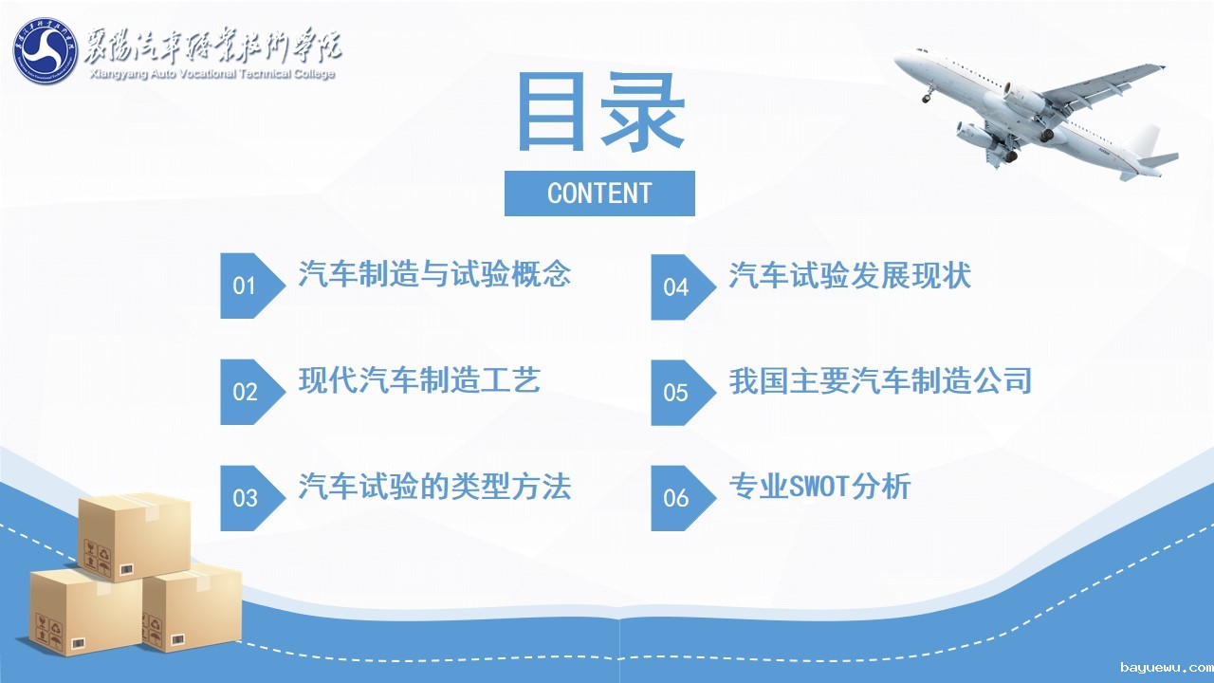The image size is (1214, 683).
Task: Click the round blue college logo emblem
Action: [x=46, y=50]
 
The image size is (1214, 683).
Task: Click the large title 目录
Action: [x=600, y=112]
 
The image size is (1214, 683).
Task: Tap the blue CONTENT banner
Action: [x=599, y=194]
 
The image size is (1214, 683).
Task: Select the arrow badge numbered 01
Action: [x=252, y=286]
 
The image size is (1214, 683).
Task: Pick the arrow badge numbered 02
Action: [x=252, y=392]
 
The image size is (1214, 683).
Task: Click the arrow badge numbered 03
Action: [x=252, y=498]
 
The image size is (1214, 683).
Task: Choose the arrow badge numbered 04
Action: [x=684, y=286]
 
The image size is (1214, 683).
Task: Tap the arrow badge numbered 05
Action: [x=684, y=393]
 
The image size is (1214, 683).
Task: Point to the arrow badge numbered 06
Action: [x=684, y=498]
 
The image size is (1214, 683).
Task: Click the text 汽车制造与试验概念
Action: [x=434, y=273]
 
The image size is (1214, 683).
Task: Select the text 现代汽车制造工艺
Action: [x=419, y=379]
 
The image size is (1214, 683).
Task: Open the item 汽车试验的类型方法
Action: [x=434, y=486]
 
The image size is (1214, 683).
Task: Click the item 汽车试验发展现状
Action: [x=850, y=275]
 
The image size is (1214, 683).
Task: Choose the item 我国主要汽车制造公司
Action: [x=880, y=380]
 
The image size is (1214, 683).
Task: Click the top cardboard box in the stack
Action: [x=135, y=537]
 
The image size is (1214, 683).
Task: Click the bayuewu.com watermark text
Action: [x=1167, y=667]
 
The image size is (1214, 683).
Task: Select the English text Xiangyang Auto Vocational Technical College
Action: [x=212, y=74]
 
